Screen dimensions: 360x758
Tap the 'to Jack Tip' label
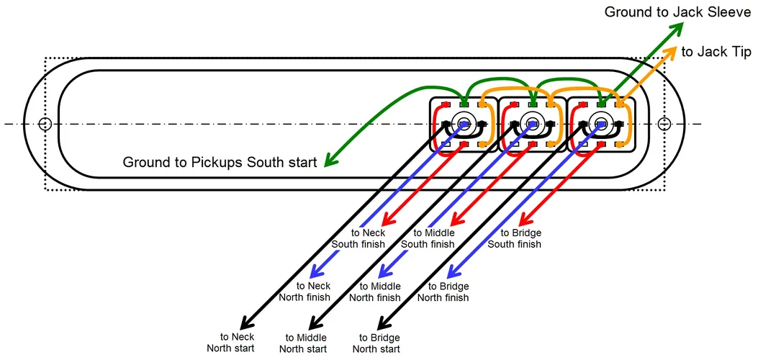[x=716, y=51]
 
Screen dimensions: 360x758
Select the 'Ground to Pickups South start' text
[x=220, y=162]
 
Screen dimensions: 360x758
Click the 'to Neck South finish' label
[x=358, y=238]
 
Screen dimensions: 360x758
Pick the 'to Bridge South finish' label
[x=514, y=238]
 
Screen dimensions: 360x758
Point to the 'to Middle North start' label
[x=302, y=343]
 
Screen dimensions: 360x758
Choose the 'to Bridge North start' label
[x=375, y=343]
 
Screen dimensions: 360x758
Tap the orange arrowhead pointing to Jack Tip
[x=670, y=51]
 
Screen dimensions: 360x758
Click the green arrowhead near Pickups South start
[x=330, y=161]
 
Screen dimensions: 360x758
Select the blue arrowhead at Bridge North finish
[x=453, y=274]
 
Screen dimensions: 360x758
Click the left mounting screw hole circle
[x=45, y=124]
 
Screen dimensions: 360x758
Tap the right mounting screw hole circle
[x=664, y=124]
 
